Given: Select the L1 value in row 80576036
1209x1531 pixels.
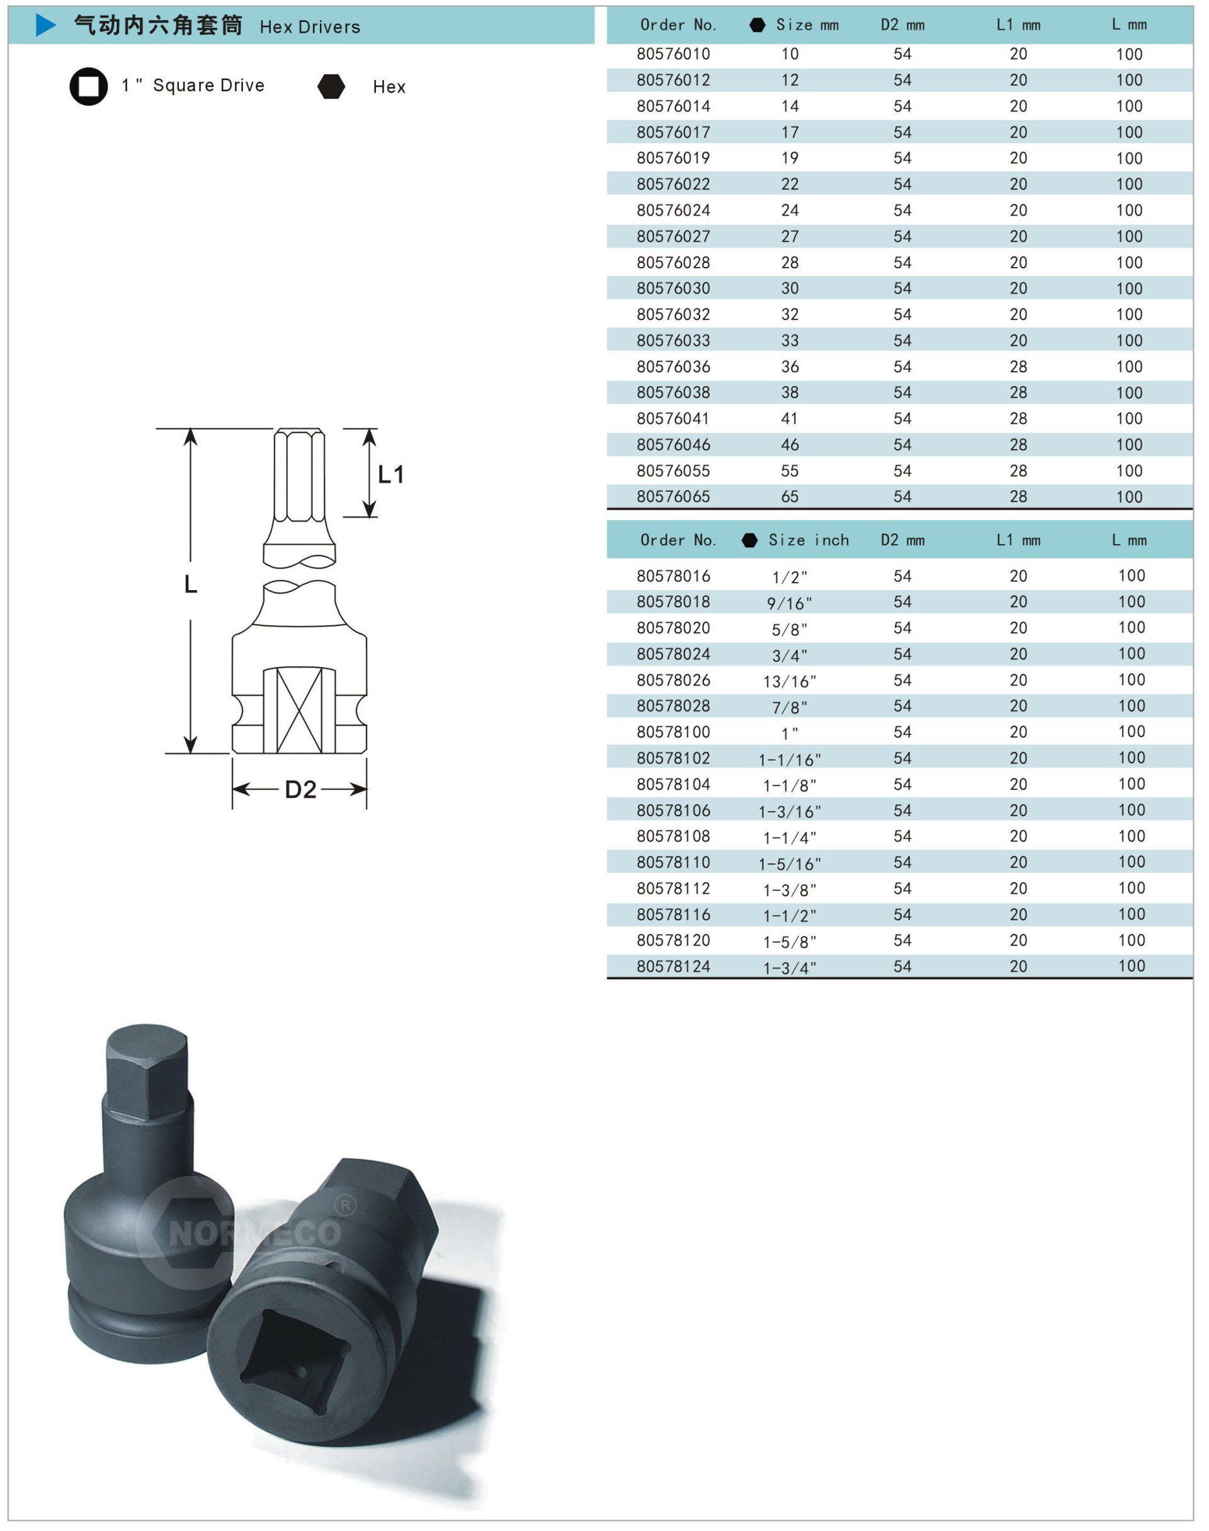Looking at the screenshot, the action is pyautogui.click(x=1018, y=367).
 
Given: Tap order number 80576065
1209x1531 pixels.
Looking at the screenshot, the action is pyautogui.click(x=673, y=497).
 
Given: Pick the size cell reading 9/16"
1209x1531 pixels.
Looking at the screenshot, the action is pyautogui.click(x=789, y=603).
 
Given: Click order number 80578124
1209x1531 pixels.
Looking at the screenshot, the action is pyautogui.click(x=673, y=966).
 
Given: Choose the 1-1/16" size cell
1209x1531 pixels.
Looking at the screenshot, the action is pyautogui.click(x=789, y=760).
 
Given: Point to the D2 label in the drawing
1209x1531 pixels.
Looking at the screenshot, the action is pyautogui.click(x=300, y=789).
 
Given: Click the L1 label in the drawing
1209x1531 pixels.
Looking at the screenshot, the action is pyautogui.click(x=391, y=474).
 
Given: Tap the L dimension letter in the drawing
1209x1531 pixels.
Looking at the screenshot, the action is pyautogui.click(x=190, y=584).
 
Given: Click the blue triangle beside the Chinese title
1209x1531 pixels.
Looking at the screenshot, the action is pyautogui.click(x=45, y=26).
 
